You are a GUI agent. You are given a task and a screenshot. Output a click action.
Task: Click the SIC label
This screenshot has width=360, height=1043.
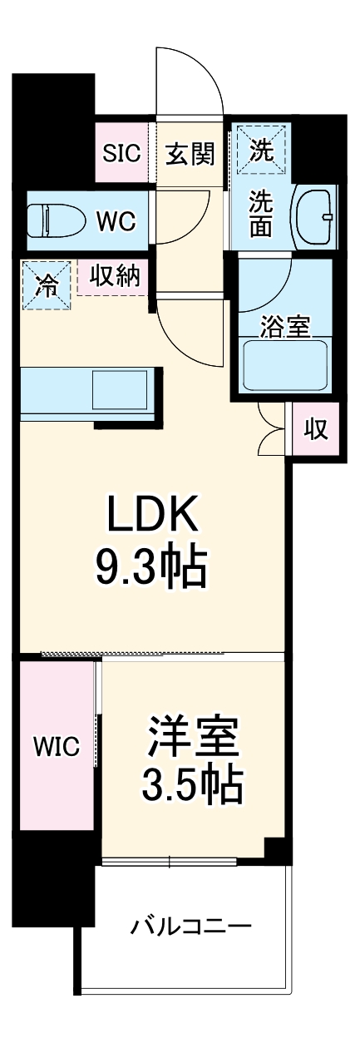122,152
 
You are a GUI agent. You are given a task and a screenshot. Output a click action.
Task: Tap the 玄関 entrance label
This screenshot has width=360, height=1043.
190,153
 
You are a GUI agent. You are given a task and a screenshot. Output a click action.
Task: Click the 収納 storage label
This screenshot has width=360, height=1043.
114,276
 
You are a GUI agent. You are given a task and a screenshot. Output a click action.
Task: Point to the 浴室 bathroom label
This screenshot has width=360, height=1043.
284,328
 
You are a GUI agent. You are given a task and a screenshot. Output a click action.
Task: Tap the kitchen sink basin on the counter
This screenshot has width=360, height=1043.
119,389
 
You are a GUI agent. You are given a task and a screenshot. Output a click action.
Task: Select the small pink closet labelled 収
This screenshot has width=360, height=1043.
314,429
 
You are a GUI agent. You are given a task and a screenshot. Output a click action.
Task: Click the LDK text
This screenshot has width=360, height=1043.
151,517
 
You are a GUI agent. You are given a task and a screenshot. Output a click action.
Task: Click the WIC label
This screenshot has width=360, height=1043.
56,747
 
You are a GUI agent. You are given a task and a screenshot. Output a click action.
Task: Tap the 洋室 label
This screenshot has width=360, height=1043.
194,734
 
